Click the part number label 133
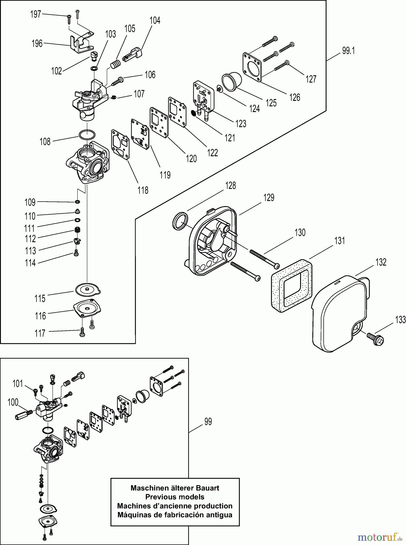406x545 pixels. pos(400,319)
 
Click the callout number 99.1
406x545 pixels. pos(348,51)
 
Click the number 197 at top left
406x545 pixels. pos(35,14)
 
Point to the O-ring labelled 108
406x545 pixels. pos(87,134)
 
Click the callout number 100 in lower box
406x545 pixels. pos(13,402)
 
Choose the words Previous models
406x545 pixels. pos(175,497)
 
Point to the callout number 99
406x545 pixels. pos(208,421)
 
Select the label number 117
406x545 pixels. pos(40,333)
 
